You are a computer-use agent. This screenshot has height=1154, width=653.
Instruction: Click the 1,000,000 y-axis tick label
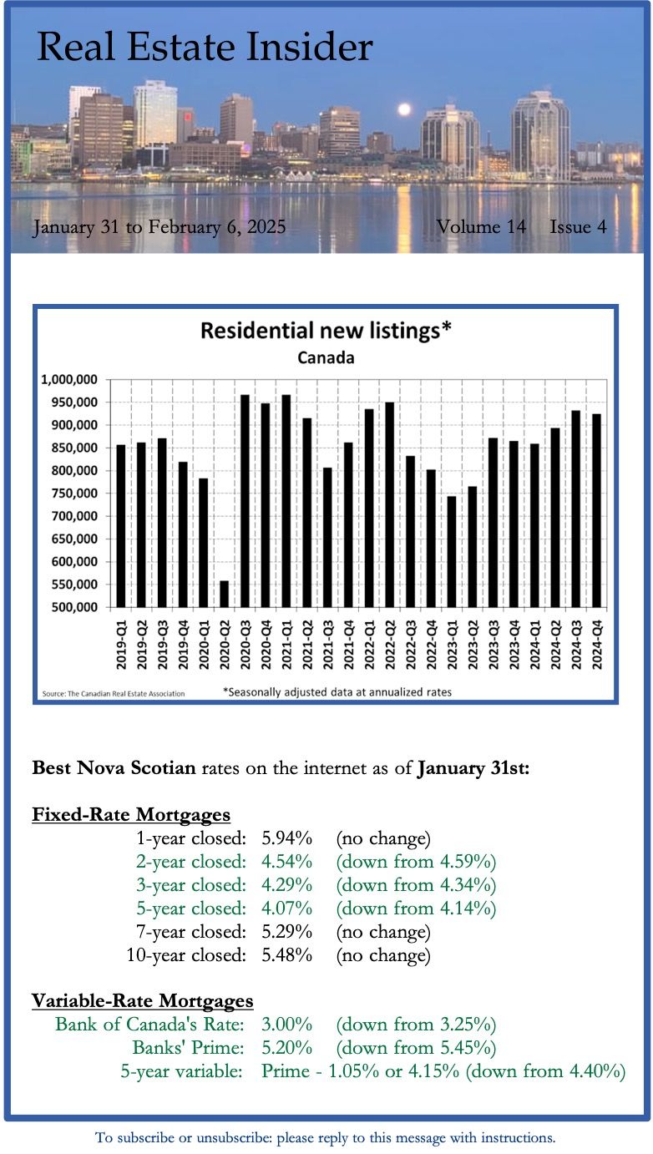coord(69,380)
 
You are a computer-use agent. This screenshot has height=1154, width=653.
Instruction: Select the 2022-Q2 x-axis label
coord(389,647)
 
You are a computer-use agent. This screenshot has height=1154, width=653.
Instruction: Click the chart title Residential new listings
coord(326,331)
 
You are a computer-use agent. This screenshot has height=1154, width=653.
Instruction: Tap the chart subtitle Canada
coord(326,358)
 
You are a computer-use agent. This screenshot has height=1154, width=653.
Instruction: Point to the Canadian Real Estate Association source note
coord(114,693)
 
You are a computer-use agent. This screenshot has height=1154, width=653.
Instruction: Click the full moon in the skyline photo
coord(404,109)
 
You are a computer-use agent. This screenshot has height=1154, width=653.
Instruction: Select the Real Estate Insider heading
coord(205,48)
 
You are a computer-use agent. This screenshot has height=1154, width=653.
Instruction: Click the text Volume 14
coord(480,227)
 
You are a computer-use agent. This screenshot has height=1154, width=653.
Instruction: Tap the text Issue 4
coord(578,227)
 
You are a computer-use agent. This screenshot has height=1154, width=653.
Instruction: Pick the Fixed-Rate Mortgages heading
coord(131,814)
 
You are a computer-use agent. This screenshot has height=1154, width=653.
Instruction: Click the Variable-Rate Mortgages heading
coord(143,1000)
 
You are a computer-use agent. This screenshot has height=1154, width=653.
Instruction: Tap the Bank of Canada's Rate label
coord(149,1024)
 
